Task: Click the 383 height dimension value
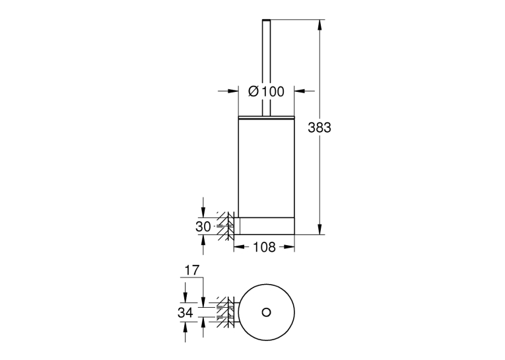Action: (319, 127)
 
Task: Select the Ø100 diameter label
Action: (266, 92)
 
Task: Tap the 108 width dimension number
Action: (264, 247)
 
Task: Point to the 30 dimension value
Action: (203, 227)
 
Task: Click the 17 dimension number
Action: (192, 270)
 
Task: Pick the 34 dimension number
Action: (185, 312)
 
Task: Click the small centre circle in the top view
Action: (266, 312)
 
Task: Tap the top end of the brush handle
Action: (266, 20)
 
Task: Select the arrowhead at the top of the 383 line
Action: (320, 25)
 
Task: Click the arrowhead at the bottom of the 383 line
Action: (320, 229)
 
